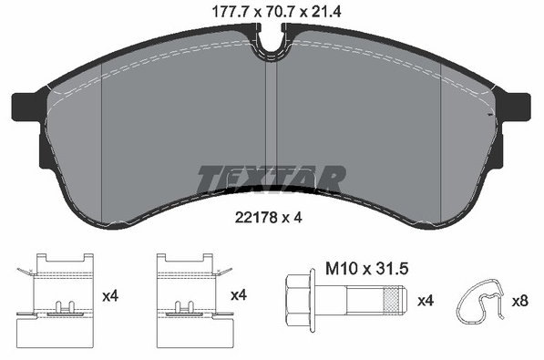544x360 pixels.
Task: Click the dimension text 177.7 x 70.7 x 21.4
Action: (x=276, y=12)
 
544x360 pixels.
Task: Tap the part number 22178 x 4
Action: (x=269, y=218)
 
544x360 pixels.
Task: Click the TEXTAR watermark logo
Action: (x=272, y=179)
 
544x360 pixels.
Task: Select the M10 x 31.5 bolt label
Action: (x=366, y=269)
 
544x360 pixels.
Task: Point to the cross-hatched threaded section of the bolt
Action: (x=390, y=300)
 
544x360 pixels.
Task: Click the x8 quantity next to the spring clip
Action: (x=520, y=301)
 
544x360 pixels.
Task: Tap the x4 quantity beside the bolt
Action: (x=426, y=301)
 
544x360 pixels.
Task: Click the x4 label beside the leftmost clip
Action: (x=110, y=296)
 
